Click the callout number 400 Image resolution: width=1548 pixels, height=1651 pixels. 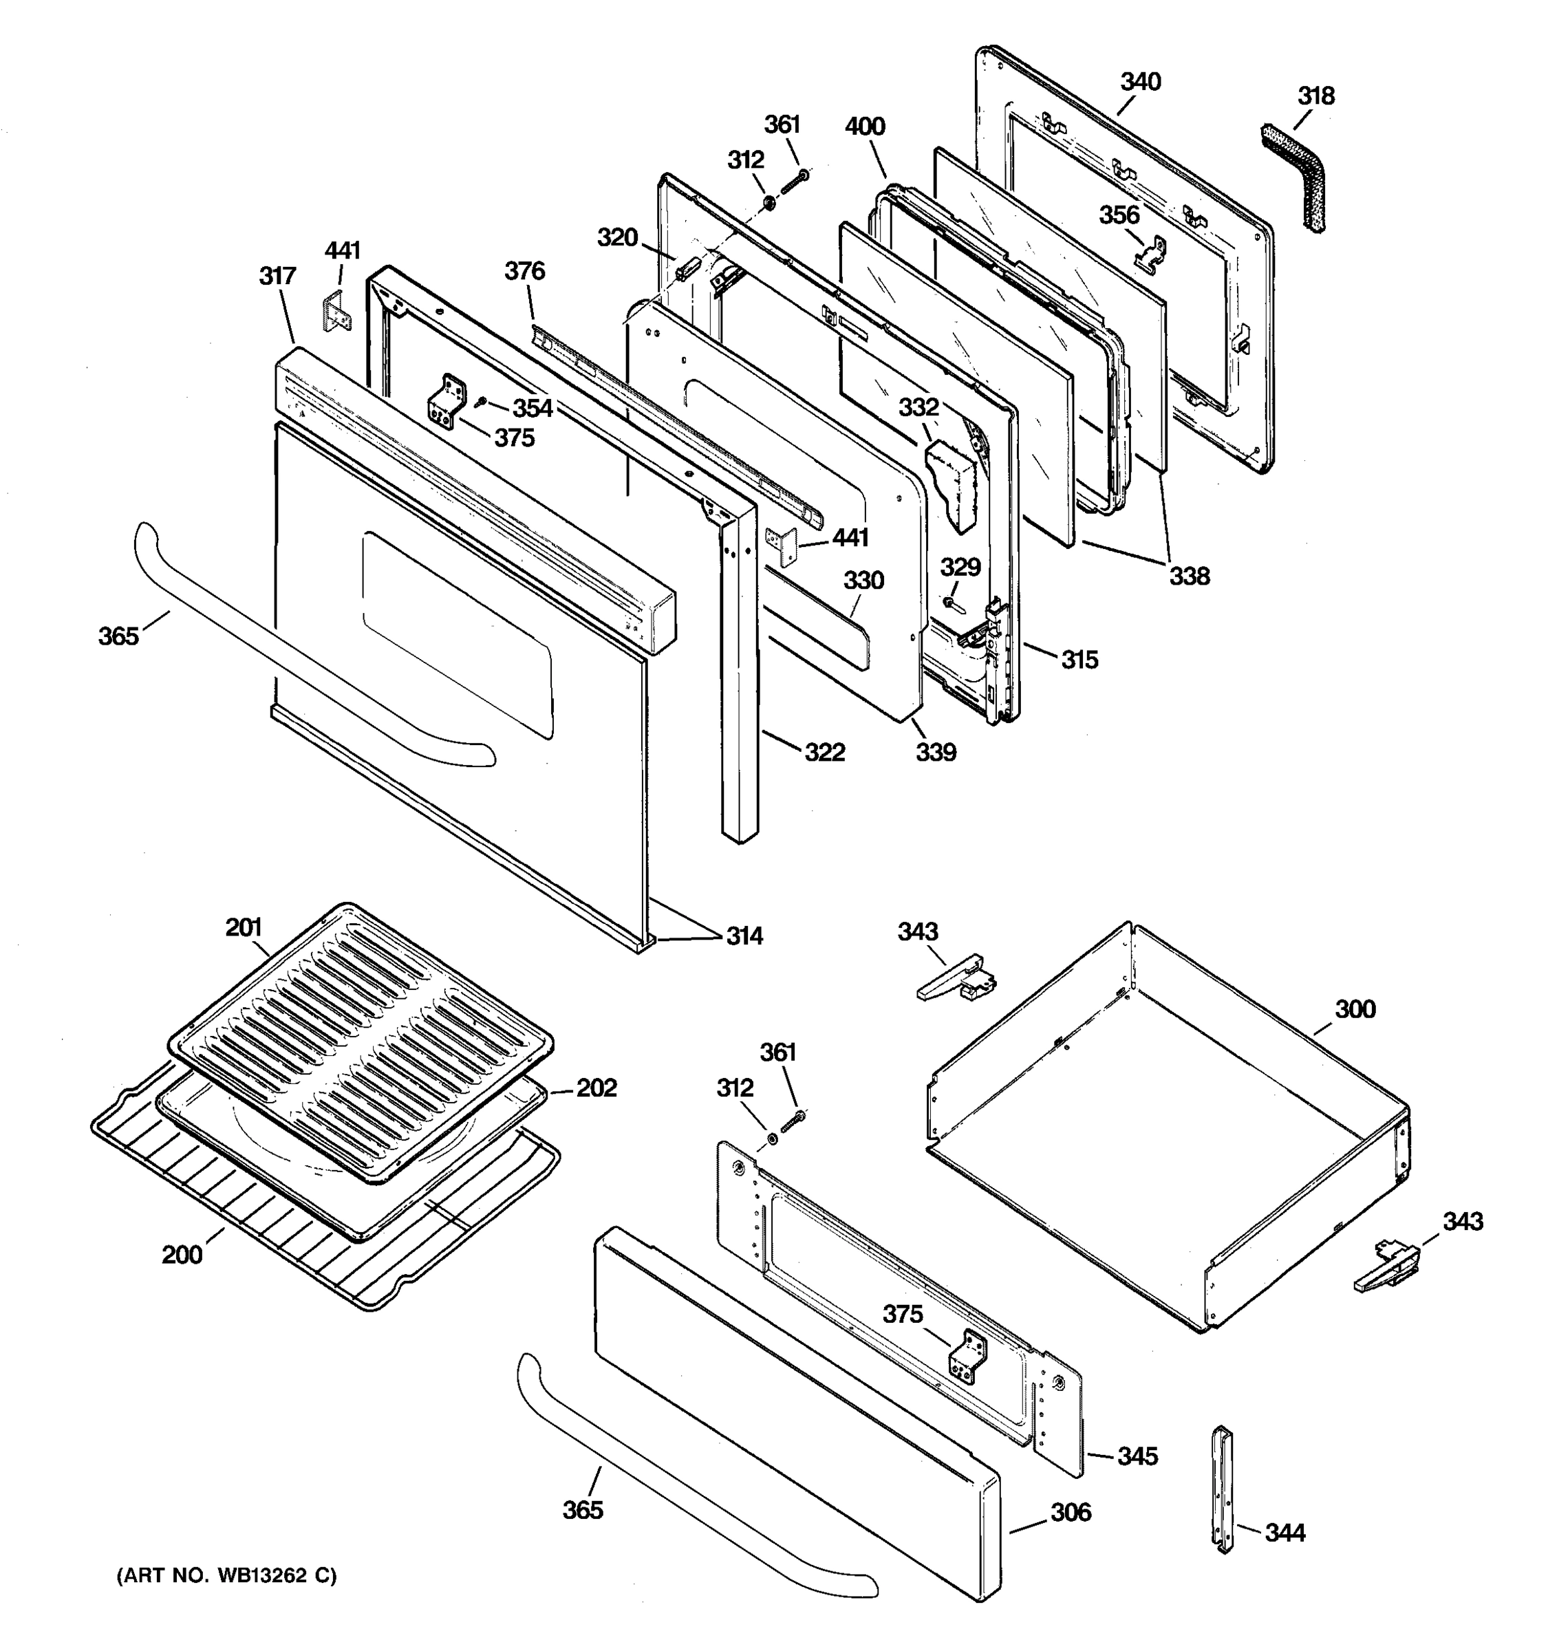click(865, 127)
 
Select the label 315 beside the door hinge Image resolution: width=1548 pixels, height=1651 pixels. click(1079, 660)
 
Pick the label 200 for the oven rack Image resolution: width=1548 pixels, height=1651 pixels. click(182, 1254)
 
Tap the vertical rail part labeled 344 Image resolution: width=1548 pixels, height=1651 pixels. click(1223, 1490)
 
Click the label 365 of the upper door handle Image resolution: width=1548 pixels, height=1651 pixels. click(119, 636)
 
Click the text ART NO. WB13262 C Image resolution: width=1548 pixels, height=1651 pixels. click(227, 1575)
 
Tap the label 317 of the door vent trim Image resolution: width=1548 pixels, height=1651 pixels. click(277, 276)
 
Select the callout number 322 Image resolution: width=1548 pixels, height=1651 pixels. click(824, 752)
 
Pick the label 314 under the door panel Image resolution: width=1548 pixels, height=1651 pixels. click(744, 936)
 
